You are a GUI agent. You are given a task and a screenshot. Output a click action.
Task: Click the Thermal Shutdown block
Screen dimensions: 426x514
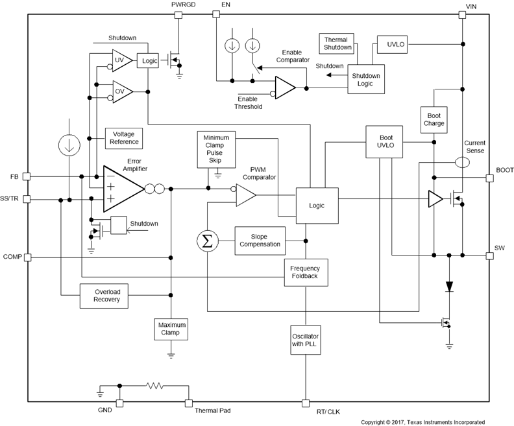click(338, 43)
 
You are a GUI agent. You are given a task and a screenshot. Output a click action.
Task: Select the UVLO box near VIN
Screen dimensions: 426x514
click(393, 44)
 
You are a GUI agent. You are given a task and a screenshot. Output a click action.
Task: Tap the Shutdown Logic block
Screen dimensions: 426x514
click(366, 79)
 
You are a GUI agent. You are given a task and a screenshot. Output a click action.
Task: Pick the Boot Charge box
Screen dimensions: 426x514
click(434, 119)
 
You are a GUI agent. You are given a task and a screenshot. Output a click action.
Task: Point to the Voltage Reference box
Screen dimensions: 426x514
click(123, 138)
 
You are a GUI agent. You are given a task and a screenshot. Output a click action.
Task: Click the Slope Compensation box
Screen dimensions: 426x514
click(260, 240)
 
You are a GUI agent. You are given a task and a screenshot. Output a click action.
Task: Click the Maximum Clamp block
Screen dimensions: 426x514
click(171, 329)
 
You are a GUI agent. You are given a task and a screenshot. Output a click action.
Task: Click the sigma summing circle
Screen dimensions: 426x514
click(207, 242)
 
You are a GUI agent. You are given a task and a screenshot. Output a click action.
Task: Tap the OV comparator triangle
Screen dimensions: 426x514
click(121, 91)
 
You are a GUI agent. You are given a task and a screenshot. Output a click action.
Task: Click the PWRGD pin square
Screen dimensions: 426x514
click(179, 15)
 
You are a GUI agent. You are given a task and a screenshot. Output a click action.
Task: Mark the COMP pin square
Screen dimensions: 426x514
click(27, 257)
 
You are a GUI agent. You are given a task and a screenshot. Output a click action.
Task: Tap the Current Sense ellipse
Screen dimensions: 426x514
click(463, 162)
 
